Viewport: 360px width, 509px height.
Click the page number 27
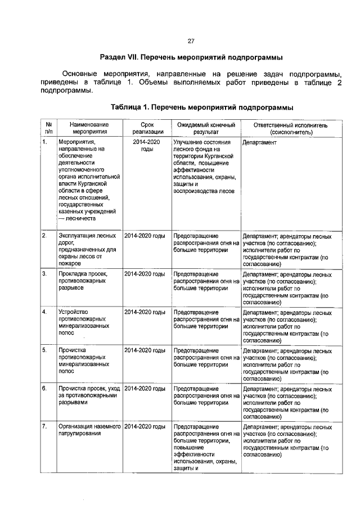190,41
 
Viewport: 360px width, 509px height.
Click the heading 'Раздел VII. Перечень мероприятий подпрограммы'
191,57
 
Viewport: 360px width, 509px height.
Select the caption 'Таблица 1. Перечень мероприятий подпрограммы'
202,107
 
